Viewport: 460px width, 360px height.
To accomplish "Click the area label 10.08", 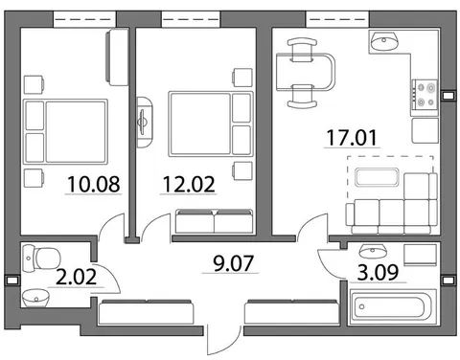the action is pyautogui.click(x=94, y=184).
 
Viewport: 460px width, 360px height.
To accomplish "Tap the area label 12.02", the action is pyautogui.click(x=189, y=184).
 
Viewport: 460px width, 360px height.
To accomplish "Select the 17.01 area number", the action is pyautogui.click(x=352, y=138).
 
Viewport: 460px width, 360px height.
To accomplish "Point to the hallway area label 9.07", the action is pyautogui.click(x=233, y=263).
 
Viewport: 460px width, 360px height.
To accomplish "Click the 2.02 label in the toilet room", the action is pyautogui.click(x=76, y=277).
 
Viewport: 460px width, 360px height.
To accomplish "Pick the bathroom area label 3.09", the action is pyautogui.click(x=378, y=272).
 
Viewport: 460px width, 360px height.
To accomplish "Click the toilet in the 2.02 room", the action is pyautogui.click(x=41, y=259).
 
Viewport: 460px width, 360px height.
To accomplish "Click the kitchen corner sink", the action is pyautogui.click(x=384, y=41).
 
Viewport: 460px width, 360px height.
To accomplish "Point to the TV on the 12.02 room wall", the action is pyautogui.click(x=144, y=122).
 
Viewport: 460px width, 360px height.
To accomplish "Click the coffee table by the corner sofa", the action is pyautogui.click(x=377, y=177).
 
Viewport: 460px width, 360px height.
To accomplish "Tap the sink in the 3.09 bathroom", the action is pyautogui.click(x=372, y=251).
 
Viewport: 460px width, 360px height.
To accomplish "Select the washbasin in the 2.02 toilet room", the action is pyautogui.click(x=35, y=298).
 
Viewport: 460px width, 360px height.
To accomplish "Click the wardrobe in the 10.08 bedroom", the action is pyautogui.click(x=117, y=57).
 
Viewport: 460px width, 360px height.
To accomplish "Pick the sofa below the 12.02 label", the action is pyautogui.click(x=214, y=221).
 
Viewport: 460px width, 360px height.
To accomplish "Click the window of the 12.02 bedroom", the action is pyautogui.click(x=191, y=19).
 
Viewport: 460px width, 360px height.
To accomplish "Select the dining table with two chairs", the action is pyautogui.click(x=305, y=73).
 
